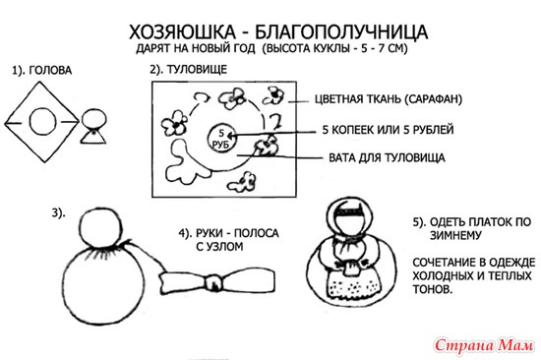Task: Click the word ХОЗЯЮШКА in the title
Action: point(182,32)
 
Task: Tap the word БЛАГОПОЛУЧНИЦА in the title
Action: point(341,32)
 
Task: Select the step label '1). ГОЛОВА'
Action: point(42,71)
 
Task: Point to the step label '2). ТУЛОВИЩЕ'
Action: point(189,70)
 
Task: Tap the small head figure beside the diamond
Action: point(93,126)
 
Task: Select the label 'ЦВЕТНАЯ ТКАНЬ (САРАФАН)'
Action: point(389,99)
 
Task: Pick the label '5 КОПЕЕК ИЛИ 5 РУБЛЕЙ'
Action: point(388,130)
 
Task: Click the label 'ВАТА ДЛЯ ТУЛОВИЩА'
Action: point(387,157)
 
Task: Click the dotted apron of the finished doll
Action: point(355,284)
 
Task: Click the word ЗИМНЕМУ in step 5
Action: point(455,236)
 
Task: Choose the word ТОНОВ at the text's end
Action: point(433,288)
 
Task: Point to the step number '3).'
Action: point(58,213)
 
